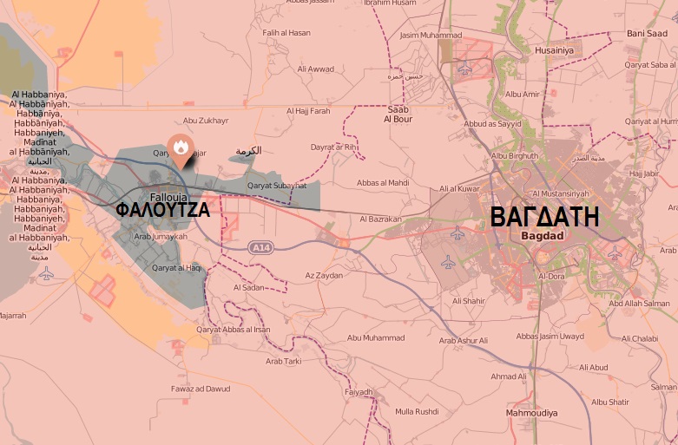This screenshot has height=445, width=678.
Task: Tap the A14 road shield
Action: [260, 248]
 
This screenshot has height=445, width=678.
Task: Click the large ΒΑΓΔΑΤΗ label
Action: [544, 216]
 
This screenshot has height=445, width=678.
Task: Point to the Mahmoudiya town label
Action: [530, 413]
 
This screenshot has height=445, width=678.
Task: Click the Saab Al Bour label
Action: [398, 115]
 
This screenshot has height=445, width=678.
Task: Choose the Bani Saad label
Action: [647, 34]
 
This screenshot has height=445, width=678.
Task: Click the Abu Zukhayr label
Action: [206, 121]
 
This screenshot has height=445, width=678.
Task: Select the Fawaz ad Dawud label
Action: [201, 389]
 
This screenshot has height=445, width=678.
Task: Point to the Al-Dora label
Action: [550, 277]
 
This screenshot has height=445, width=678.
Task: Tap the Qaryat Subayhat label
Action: [277, 186]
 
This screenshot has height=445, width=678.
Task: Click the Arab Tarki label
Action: [283, 361]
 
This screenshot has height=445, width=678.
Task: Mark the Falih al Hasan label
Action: [286, 34]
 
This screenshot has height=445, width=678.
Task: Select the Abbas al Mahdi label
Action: [383, 183]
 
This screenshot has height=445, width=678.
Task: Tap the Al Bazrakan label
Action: [379, 219]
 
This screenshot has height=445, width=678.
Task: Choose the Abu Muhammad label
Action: [375, 337]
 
